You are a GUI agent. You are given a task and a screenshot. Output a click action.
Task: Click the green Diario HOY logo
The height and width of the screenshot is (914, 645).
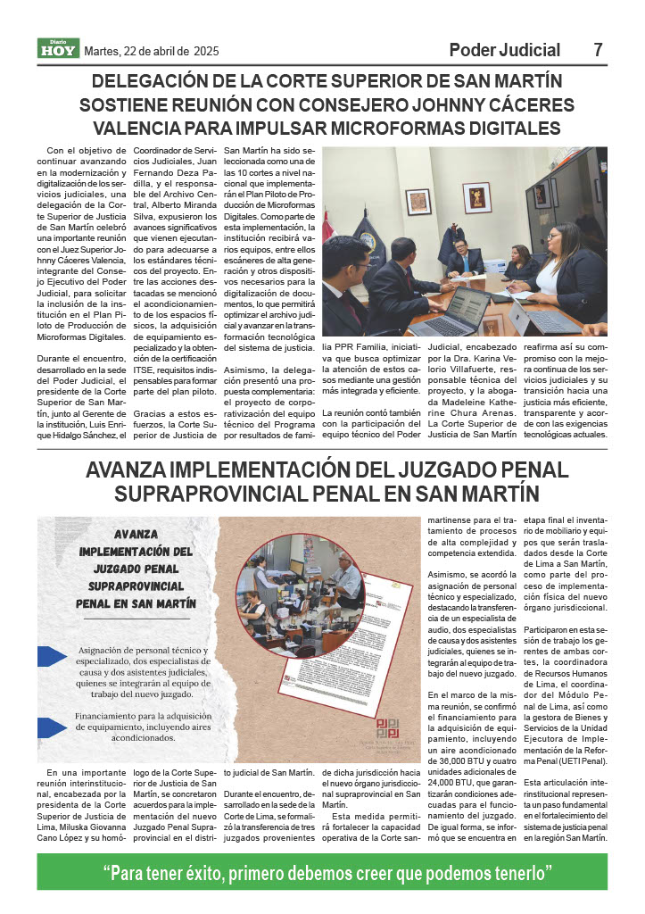(58, 49)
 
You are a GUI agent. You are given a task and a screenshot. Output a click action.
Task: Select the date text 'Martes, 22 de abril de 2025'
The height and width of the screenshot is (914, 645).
(151, 51)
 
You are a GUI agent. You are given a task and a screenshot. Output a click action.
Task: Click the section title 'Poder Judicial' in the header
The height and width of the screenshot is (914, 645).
(504, 50)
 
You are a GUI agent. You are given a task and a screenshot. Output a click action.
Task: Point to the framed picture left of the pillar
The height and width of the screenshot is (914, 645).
(418, 202)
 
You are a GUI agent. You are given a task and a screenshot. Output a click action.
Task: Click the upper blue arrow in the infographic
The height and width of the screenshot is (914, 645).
(51, 657)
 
